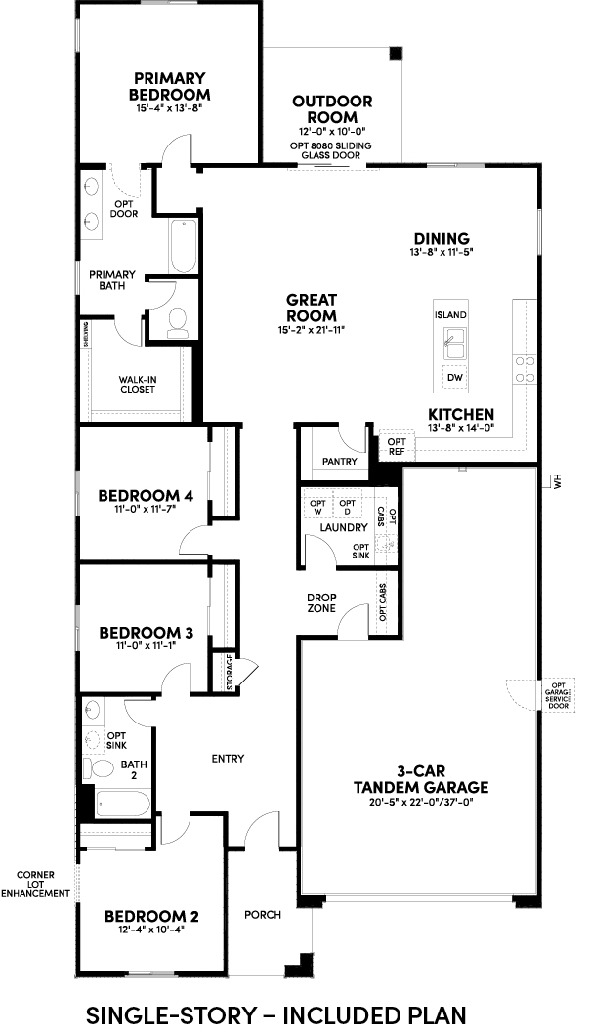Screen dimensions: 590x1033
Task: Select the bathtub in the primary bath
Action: click(x=182, y=246)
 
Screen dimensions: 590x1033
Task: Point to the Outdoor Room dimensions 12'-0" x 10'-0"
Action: click(x=332, y=132)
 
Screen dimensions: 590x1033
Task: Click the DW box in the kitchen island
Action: click(x=454, y=378)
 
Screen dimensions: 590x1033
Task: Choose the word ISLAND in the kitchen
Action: click(x=450, y=315)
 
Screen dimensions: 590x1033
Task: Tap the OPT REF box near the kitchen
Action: click(x=397, y=447)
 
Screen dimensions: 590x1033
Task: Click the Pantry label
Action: click(x=340, y=462)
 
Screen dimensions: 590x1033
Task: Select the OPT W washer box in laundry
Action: click(x=318, y=508)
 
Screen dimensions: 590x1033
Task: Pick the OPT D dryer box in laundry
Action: click(x=348, y=508)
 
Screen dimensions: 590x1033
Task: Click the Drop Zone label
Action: click(x=321, y=602)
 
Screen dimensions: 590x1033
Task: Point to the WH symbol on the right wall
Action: click(x=551, y=481)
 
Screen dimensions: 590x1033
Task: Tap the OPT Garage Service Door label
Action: click(x=558, y=696)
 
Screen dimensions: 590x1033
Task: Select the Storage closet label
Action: click(x=230, y=673)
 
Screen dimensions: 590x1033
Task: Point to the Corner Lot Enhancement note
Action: click(x=35, y=885)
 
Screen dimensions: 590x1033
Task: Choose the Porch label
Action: click(x=263, y=915)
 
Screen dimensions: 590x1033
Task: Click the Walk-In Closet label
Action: click(x=138, y=384)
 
